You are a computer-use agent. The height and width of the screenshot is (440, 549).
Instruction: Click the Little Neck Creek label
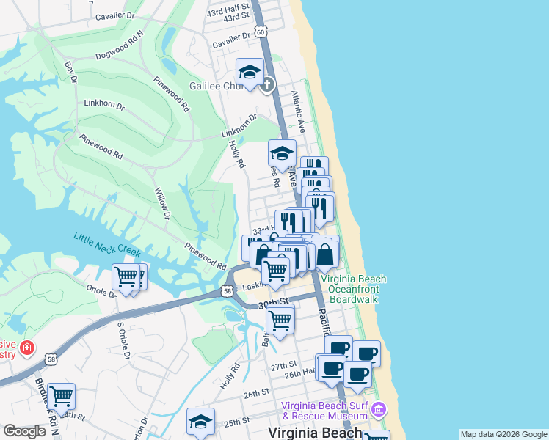[106, 244]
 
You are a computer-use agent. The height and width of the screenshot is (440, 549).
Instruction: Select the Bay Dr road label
[70, 72]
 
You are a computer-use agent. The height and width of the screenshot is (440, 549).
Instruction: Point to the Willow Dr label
[161, 206]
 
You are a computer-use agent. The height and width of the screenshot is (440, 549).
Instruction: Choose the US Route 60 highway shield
[261, 32]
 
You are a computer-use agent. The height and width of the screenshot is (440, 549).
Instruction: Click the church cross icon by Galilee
[267, 84]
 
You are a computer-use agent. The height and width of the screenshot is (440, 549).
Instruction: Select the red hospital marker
[27, 347]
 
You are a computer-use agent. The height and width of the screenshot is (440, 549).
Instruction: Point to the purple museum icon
[380, 408]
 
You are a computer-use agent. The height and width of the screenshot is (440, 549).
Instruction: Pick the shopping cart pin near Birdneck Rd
[61, 396]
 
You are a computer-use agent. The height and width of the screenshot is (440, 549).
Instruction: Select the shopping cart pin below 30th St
[280, 319]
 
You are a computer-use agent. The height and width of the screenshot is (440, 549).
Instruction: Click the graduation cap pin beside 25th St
[200, 421]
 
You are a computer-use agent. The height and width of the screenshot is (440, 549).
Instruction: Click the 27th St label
[283, 364]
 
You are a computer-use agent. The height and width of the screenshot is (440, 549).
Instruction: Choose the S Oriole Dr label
[124, 342]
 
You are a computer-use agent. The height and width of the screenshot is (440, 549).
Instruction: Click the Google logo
[24, 431]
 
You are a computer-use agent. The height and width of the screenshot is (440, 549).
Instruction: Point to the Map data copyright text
[503, 434]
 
